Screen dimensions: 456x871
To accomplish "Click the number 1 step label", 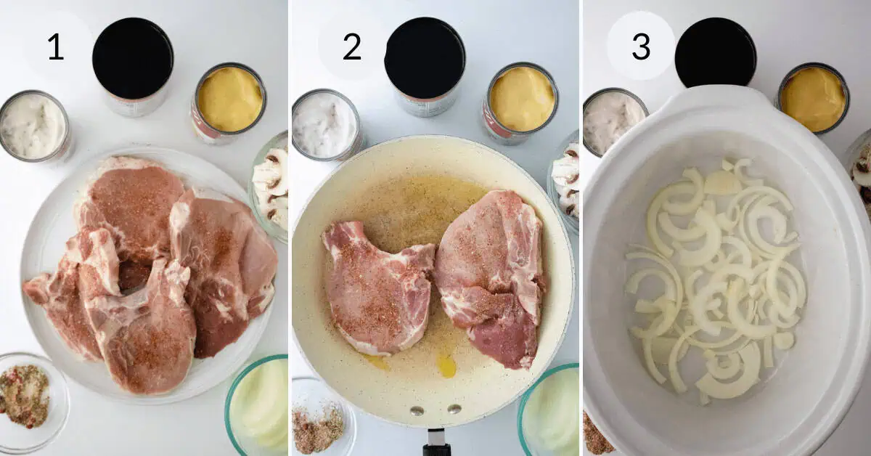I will tap(56, 47).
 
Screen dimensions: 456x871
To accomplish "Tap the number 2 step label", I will tap(352, 47).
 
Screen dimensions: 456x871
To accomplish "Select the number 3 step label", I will tap(641, 46).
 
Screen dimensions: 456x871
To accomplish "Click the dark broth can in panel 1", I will tap(133, 62).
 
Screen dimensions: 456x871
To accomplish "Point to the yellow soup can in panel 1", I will tap(229, 100).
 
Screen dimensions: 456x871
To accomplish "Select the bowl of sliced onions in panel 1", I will tap(259, 407).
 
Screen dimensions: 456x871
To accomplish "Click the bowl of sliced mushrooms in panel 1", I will tap(272, 185).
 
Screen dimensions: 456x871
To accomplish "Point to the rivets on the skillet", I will tap(435, 411).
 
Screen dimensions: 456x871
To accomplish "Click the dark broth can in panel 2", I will tap(425, 62).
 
